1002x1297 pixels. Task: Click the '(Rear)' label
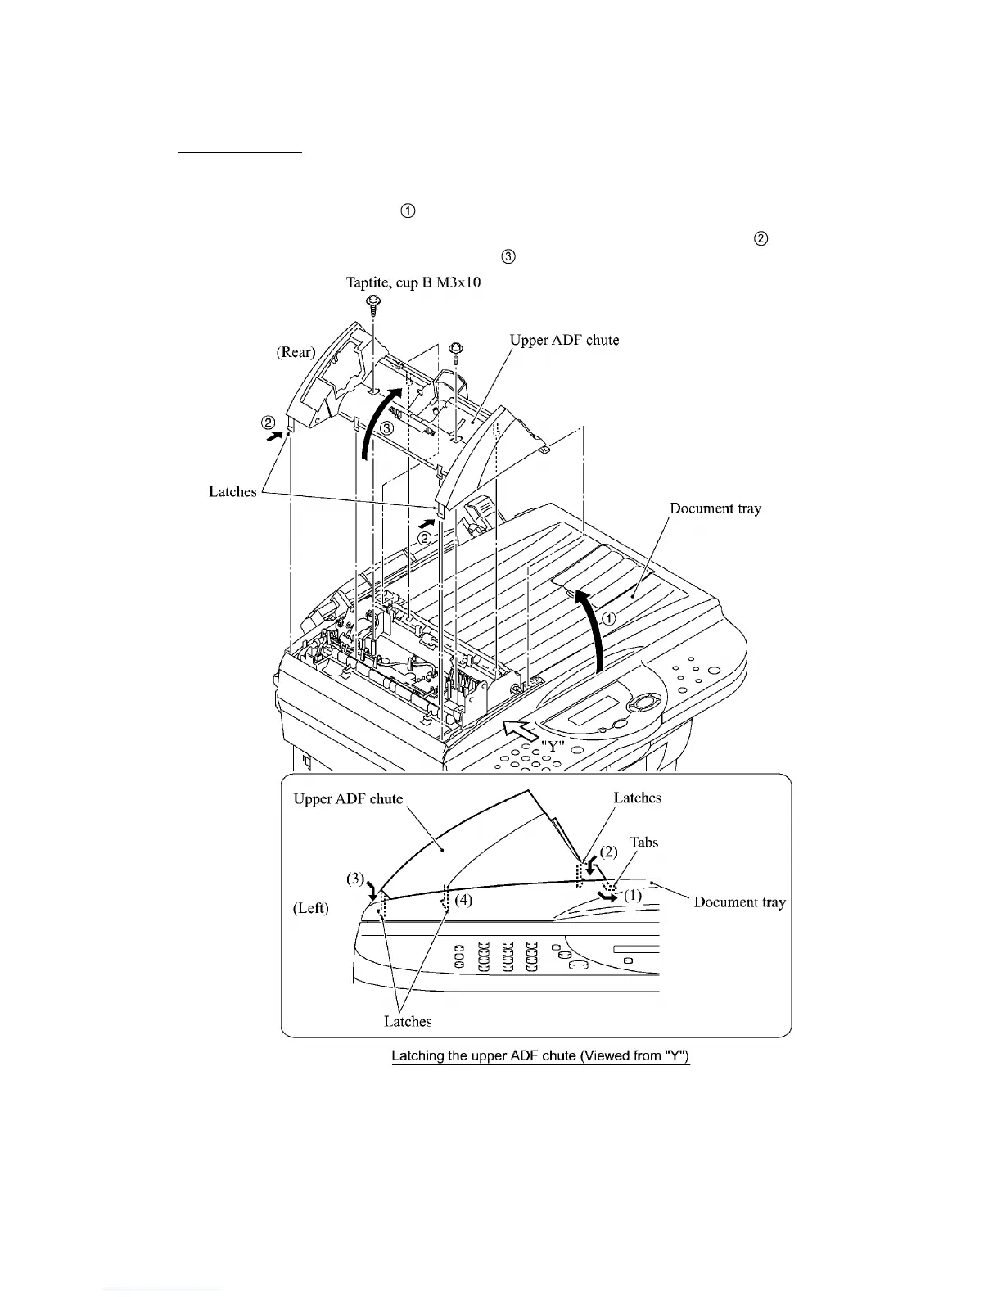[x=296, y=352]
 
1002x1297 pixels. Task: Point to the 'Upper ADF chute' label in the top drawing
[x=564, y=340]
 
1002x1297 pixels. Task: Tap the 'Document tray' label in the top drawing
[x=715, y=508]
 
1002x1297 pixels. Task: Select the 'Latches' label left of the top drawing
[x=232, y=491]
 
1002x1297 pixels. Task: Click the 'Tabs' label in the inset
[x=643, y=842]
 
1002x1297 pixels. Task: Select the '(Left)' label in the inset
[x=311, y=908]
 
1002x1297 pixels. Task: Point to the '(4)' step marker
[x=463, y=900]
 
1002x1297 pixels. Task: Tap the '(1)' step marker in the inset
[x=633, y=895]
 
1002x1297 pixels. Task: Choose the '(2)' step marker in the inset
[x=609, y=852]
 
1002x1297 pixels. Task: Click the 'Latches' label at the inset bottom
[x=408, y=1021]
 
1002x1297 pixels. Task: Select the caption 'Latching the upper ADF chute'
[x=540, y=1055]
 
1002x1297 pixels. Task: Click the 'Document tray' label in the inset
[x=739, y=902]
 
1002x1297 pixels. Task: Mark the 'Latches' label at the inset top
[x=637, y=798]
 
